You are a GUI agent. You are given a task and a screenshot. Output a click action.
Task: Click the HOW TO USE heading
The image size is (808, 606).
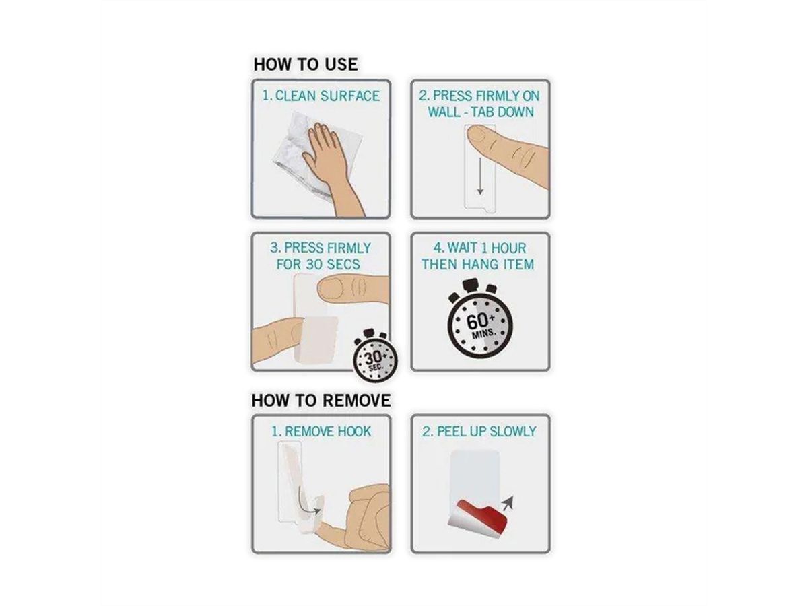305,65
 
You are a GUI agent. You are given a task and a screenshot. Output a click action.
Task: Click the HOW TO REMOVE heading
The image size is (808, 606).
321,401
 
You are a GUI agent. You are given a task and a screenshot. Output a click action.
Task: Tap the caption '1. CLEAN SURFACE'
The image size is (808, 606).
321,96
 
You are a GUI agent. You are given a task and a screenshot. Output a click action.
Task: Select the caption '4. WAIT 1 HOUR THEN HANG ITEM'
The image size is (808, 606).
478,256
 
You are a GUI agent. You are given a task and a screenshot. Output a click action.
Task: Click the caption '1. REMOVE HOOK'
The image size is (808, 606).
321,432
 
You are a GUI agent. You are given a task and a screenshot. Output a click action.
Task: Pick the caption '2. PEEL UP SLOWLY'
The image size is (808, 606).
479,432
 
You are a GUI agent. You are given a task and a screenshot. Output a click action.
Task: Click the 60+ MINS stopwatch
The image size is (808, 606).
479,319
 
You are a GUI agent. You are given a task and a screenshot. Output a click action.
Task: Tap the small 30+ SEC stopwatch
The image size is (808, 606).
375,356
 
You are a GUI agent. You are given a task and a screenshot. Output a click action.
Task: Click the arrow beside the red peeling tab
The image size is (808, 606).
507,502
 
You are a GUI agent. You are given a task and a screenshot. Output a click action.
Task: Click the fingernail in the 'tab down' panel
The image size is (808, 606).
477,135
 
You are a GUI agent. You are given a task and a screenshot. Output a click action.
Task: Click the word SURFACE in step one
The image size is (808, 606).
349,96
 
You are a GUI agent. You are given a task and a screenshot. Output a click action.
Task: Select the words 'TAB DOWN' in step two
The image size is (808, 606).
502,112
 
